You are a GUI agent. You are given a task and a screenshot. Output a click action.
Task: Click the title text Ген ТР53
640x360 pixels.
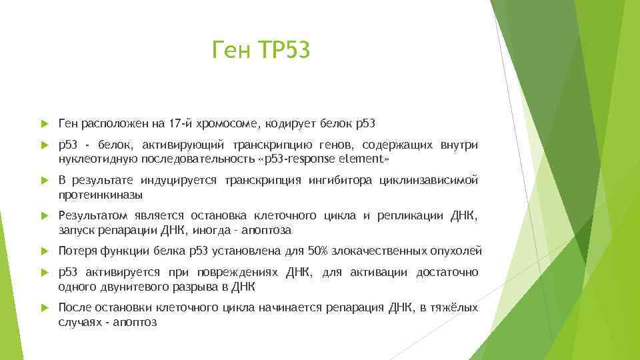click(261, 50)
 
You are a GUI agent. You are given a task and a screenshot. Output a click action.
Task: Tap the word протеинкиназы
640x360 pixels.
click(101, 195)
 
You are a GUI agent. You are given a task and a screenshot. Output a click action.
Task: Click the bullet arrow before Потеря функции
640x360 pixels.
click(44, 251)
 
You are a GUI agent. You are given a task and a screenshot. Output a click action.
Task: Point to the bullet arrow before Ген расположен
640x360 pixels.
click(44, 123)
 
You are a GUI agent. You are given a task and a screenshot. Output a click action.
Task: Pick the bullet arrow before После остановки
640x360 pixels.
click(44, 308)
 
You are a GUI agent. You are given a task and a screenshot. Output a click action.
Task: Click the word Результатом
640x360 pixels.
click(91, 216)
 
